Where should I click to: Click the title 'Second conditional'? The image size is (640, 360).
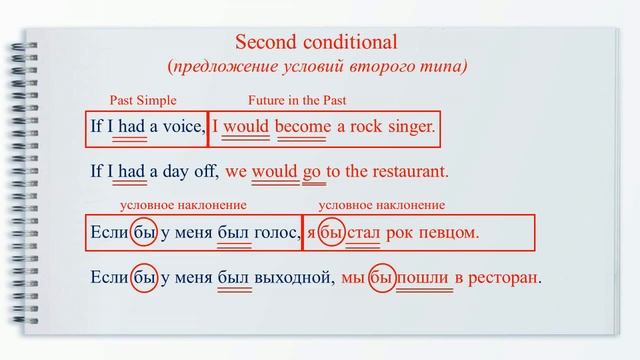[x=316, y=43]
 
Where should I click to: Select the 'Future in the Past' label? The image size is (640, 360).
[x=297, y=100]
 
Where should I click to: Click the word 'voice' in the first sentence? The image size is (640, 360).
[x=182, y=128]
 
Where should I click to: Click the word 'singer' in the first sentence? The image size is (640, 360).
[x=409, y=128]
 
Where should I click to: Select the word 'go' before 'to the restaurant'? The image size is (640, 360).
[x=312, y=171]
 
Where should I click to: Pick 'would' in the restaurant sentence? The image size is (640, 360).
[x=275, y=171]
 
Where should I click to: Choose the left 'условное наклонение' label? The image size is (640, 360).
[x=183, y=205]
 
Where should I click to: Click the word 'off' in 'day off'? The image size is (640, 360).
[x=206, y=171]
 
